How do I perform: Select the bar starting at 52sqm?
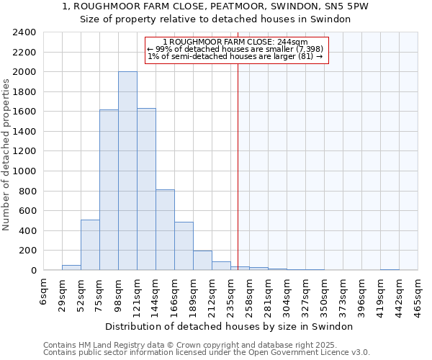pyautogui.click(x=90, y=245)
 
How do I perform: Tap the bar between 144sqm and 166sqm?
pyautogui.click(x=165, y=230)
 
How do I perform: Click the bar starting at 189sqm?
pyautogui.click(x=202, y=261)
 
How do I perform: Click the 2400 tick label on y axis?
pyautogui.click(x=24, y=32)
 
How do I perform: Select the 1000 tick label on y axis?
pyautogui.click(x=24, y=171)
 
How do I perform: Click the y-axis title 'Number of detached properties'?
pyautogui.click(x=6, y=155)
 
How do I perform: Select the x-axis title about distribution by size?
pyautogui.click(x=233, y=326)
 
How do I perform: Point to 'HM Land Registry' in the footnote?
pyautogui.click(x=107, y=345)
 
